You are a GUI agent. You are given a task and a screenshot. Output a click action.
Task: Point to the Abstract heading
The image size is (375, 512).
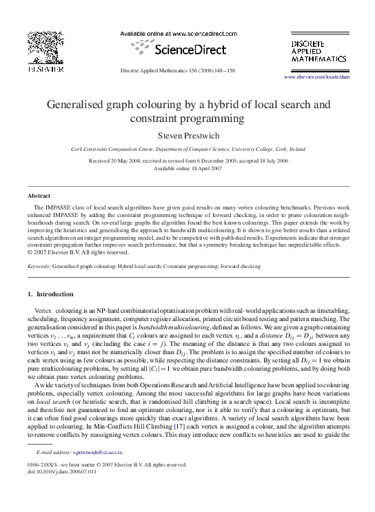[x=39, y=196]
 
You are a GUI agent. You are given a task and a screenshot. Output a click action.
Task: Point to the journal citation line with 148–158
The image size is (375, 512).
[x=187, y=71]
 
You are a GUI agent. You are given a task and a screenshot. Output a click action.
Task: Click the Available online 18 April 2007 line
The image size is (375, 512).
[x=187, y=167]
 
